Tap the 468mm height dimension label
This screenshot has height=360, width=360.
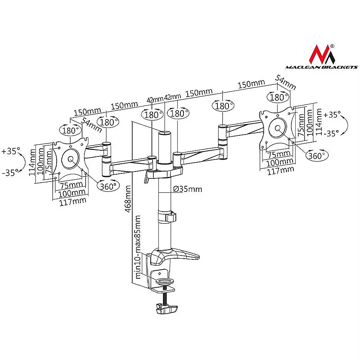click(128, 199)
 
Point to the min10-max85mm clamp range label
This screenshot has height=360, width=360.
click(138, 247)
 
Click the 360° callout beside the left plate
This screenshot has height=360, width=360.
click(108, 186)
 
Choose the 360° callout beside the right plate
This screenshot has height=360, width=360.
click(316, 155)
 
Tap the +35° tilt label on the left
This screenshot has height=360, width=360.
click(10, 151)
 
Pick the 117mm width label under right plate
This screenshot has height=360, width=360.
click(281, 171)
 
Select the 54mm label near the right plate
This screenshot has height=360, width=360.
click(285, 82)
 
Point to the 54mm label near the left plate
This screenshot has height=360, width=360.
click(92, 125)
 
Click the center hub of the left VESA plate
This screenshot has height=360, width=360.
click(71, 159)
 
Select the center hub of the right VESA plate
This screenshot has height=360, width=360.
click(278, 128)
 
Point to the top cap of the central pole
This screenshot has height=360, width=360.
click(165, 132)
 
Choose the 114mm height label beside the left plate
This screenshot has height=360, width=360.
click(32, 163)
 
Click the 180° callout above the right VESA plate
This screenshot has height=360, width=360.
click(278, 98)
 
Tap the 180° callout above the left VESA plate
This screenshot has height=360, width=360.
click(71, 130)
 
